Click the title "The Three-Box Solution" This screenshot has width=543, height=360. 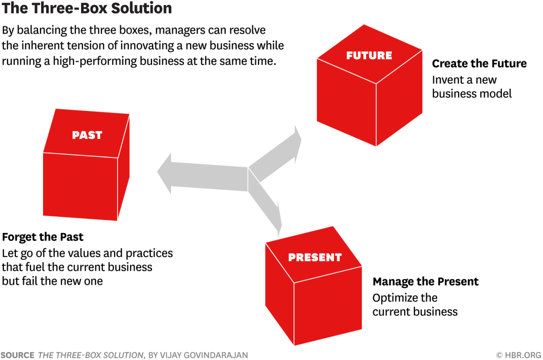pos(86,9)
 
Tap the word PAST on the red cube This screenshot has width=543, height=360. pos(87,135)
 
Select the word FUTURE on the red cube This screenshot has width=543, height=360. pos(369,56)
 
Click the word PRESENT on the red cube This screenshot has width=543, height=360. pos(314,258)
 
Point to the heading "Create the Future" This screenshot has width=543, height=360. pos(479,64)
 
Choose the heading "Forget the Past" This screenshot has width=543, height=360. pos(43,237)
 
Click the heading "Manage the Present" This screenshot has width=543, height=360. pos(425,282)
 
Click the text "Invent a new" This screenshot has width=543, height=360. pos(464,80)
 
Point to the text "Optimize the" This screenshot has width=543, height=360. pos(405,298)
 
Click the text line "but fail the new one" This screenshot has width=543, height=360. pos(52,281)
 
